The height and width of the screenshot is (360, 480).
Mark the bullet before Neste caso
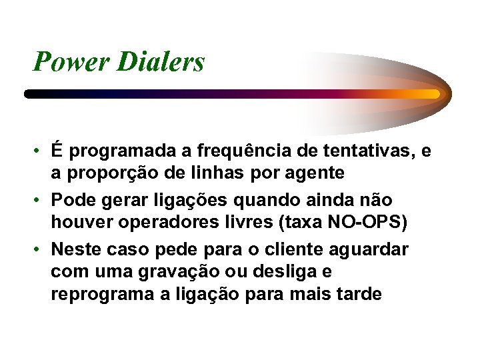pos(41,249)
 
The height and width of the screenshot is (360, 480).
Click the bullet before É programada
pos(41,152)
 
